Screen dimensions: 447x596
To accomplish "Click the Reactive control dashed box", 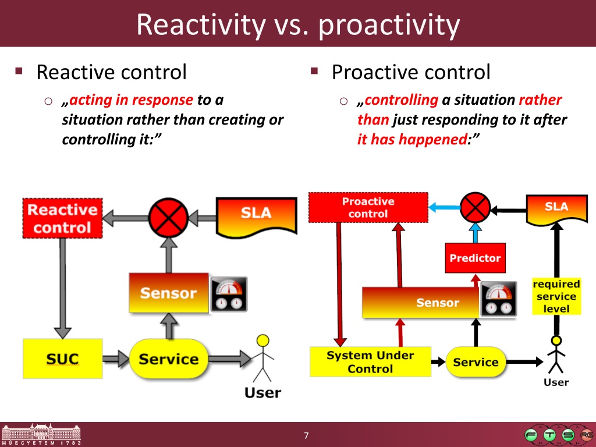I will (x=62, y=218).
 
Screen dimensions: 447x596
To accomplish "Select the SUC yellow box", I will (x=62, y=358).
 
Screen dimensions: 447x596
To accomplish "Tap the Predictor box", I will (x=475, y=258).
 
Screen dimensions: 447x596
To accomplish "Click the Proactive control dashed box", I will (x=368, y=208).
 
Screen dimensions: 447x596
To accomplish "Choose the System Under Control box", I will (x=370, y=362).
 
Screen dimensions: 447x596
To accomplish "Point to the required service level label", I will (x=556, y=296).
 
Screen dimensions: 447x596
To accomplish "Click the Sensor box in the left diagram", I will (x=168, y=292).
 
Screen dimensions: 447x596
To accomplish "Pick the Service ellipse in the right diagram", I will (x=476, y=362).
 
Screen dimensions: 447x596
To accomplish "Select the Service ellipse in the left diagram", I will (x=168, y=358).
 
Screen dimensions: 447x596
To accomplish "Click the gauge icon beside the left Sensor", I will (x=229, y=295).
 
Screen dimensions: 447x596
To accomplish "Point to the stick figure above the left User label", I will (x=264, y=358).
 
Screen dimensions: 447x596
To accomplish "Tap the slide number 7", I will (x=307, y=436).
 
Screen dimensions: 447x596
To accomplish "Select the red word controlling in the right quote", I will (x=402, y=100).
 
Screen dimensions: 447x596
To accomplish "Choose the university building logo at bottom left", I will (x=41, y=434).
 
